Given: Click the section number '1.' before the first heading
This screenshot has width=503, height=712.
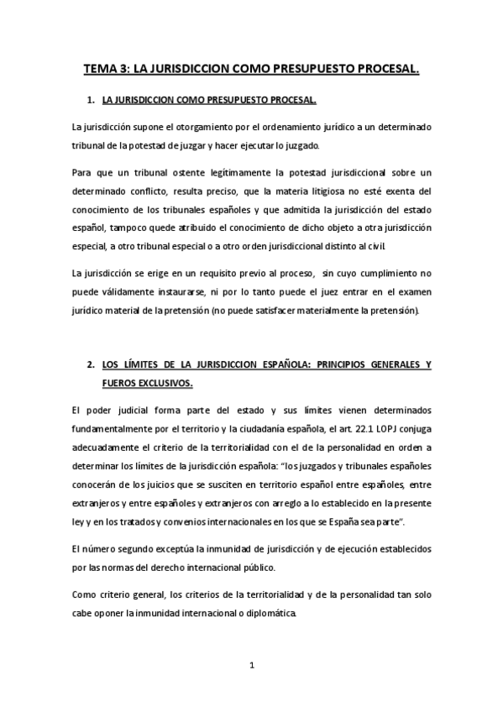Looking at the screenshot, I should tap(92, 101).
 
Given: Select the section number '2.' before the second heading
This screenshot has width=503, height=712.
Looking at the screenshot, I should tap(92, 366).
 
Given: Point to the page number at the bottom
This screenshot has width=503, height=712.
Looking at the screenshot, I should tap(251, 667).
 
